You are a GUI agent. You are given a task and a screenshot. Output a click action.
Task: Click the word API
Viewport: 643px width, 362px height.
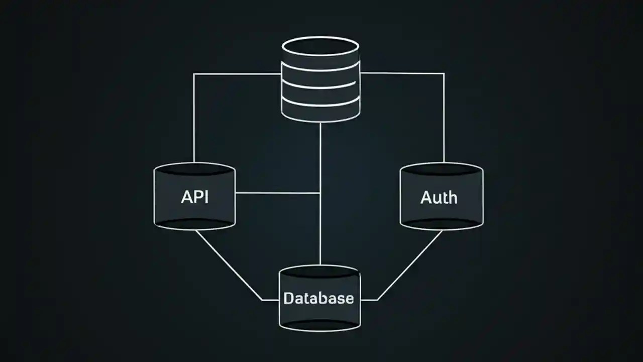click(194, 197)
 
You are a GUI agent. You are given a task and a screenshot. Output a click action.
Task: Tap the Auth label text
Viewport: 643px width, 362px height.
click(439, 198)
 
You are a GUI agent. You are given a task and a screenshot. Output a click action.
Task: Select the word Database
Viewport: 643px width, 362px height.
click(318, 298)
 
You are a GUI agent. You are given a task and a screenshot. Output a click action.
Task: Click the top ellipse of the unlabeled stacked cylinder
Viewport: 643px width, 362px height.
click(320, 47)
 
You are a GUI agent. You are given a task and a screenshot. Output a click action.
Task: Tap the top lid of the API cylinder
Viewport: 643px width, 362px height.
click(194, 169)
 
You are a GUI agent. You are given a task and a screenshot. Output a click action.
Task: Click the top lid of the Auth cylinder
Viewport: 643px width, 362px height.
click(442, 169)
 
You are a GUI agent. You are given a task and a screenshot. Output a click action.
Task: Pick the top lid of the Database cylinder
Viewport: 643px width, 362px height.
click(319, 272)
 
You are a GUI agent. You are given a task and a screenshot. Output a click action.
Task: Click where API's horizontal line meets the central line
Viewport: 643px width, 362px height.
click(320, 193)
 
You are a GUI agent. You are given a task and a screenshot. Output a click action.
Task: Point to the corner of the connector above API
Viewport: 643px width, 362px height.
click(194, 74)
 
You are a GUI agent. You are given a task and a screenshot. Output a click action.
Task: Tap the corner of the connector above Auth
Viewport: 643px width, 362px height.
click(444, 73)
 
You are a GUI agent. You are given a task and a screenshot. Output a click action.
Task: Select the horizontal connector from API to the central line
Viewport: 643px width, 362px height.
click(277, 193)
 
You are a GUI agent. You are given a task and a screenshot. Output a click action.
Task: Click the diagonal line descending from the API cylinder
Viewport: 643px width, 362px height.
click(229, 265)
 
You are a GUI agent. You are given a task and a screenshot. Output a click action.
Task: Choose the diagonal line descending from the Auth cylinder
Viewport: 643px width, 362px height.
click(410, 265)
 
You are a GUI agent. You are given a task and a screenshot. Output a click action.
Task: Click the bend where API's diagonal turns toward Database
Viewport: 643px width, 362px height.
click(262, 300)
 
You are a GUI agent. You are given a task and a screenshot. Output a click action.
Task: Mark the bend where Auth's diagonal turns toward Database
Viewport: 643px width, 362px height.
click(378, 300)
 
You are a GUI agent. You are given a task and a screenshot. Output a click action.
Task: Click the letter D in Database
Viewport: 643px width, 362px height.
click(288, 298)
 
